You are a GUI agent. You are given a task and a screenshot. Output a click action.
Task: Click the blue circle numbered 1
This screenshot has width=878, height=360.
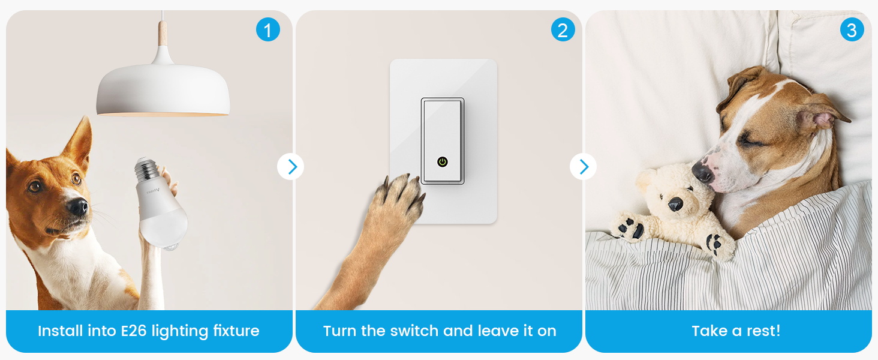click(268, 29)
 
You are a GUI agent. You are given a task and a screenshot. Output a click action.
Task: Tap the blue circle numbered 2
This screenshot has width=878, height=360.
click(563, 29)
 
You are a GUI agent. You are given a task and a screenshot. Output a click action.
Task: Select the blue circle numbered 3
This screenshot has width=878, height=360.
click(852, 29)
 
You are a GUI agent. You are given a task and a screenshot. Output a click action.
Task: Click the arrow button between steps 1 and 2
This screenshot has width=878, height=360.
click(291, 167)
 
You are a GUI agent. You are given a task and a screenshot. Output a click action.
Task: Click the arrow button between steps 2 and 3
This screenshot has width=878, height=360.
click(583, 167)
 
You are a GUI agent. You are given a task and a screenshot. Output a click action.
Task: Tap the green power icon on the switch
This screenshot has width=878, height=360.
click(443, 161)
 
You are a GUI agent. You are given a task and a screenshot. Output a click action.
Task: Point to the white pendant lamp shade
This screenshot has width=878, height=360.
click(163, 90)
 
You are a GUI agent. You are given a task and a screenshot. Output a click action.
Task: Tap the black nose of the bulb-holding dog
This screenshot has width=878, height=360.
click(77, 206)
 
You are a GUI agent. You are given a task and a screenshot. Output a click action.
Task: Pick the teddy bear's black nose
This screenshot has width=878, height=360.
click(675, 204)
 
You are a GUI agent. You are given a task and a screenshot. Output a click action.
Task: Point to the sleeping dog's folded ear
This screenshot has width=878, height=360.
click(825, 111)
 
